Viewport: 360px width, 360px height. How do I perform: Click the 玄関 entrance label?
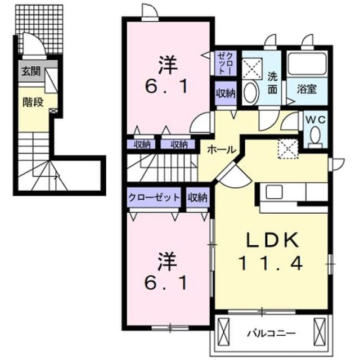pos(31,71)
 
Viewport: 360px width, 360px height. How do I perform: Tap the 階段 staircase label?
pos(33,102)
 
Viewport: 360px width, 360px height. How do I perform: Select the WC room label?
pos(315,119)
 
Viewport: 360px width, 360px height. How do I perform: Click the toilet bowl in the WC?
pos(315,135)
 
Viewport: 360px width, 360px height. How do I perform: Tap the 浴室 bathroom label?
pos(307,89)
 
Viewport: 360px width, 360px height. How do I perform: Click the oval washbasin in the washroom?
pos(251,93)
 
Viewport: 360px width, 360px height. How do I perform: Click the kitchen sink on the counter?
pos(274,192)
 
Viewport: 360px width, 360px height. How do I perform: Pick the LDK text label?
pos(272,240)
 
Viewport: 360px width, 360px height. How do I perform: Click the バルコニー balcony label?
pos(271,333)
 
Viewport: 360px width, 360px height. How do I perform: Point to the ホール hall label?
pos(222,150)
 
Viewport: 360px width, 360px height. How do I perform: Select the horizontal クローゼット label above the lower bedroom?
pos(154,197)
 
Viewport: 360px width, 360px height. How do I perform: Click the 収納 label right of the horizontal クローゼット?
pos(197,197)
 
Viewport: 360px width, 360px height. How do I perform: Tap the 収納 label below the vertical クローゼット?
pos(226,93)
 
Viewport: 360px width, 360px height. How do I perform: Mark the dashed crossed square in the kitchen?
pos(288,148)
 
